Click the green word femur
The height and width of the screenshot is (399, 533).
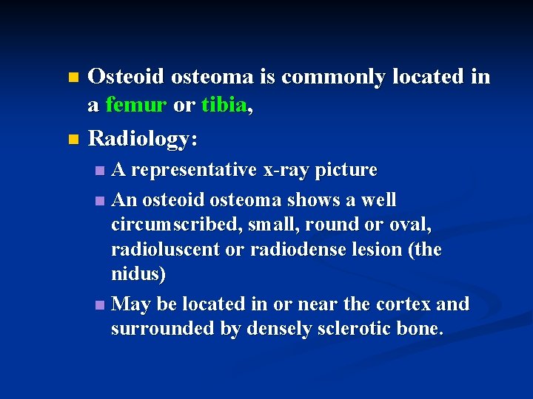135,106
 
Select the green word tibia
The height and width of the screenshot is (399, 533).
223,106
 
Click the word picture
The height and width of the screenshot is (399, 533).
346,170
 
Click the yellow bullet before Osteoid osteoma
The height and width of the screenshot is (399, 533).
72,77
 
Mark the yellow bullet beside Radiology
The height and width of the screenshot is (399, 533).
72,138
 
